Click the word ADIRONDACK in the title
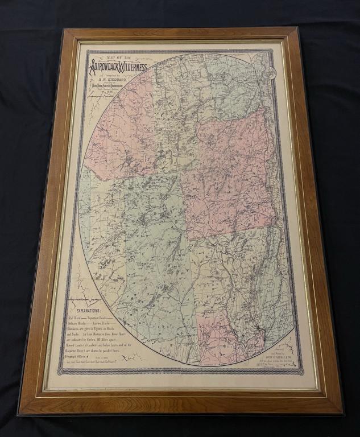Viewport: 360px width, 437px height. pyautogui.click(x=106, y=67)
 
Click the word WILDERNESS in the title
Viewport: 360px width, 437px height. pyautogui.click(x=134, y=67)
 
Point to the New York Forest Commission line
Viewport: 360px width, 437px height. pyautogui.click(x=119, y=86)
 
